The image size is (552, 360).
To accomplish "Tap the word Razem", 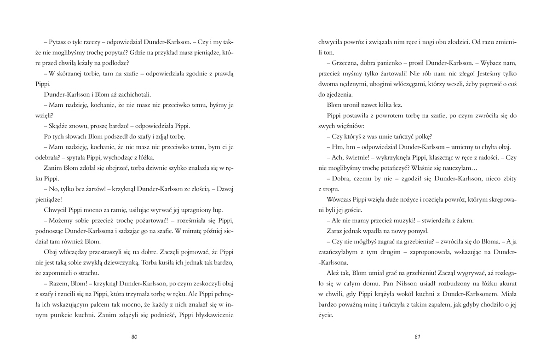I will tap(59, 284).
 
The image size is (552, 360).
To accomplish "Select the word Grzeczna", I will tap(344, 63).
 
